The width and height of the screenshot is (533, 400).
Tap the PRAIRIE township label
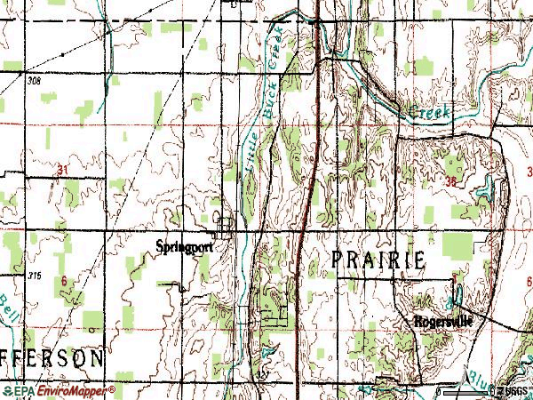click(x=378, y=259)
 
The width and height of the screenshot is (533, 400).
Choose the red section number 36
click(x=453, y=181)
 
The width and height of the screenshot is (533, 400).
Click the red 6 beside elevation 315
click(x=64, y=280)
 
